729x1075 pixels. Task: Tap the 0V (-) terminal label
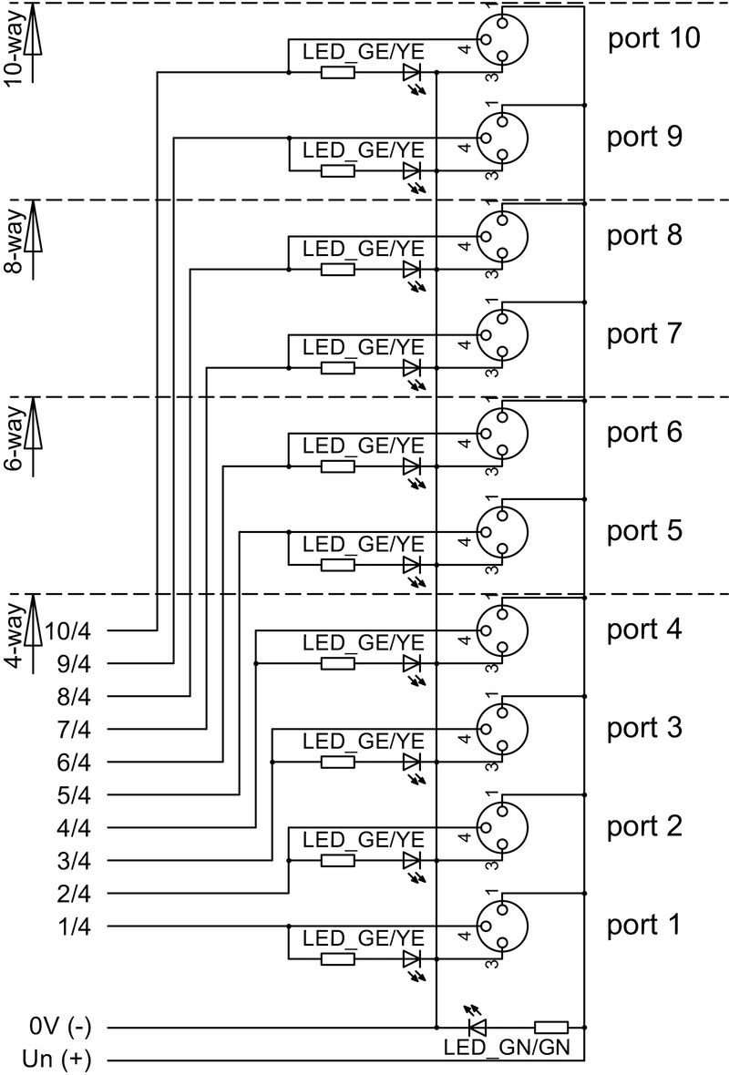click(60, 1027)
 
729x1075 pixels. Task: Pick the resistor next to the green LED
click(551, 1027)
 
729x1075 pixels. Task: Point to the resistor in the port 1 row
click(338, 958)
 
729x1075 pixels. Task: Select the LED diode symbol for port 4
click(412, 663)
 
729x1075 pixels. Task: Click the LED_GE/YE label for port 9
click(364, 149)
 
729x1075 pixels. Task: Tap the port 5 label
click(643, 530)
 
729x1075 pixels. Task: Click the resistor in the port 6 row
click(338, 466)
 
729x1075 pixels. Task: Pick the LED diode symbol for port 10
click(412, 72)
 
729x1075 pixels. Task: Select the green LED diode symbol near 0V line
click(476, 1027)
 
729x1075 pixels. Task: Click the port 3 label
click(643, 728)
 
